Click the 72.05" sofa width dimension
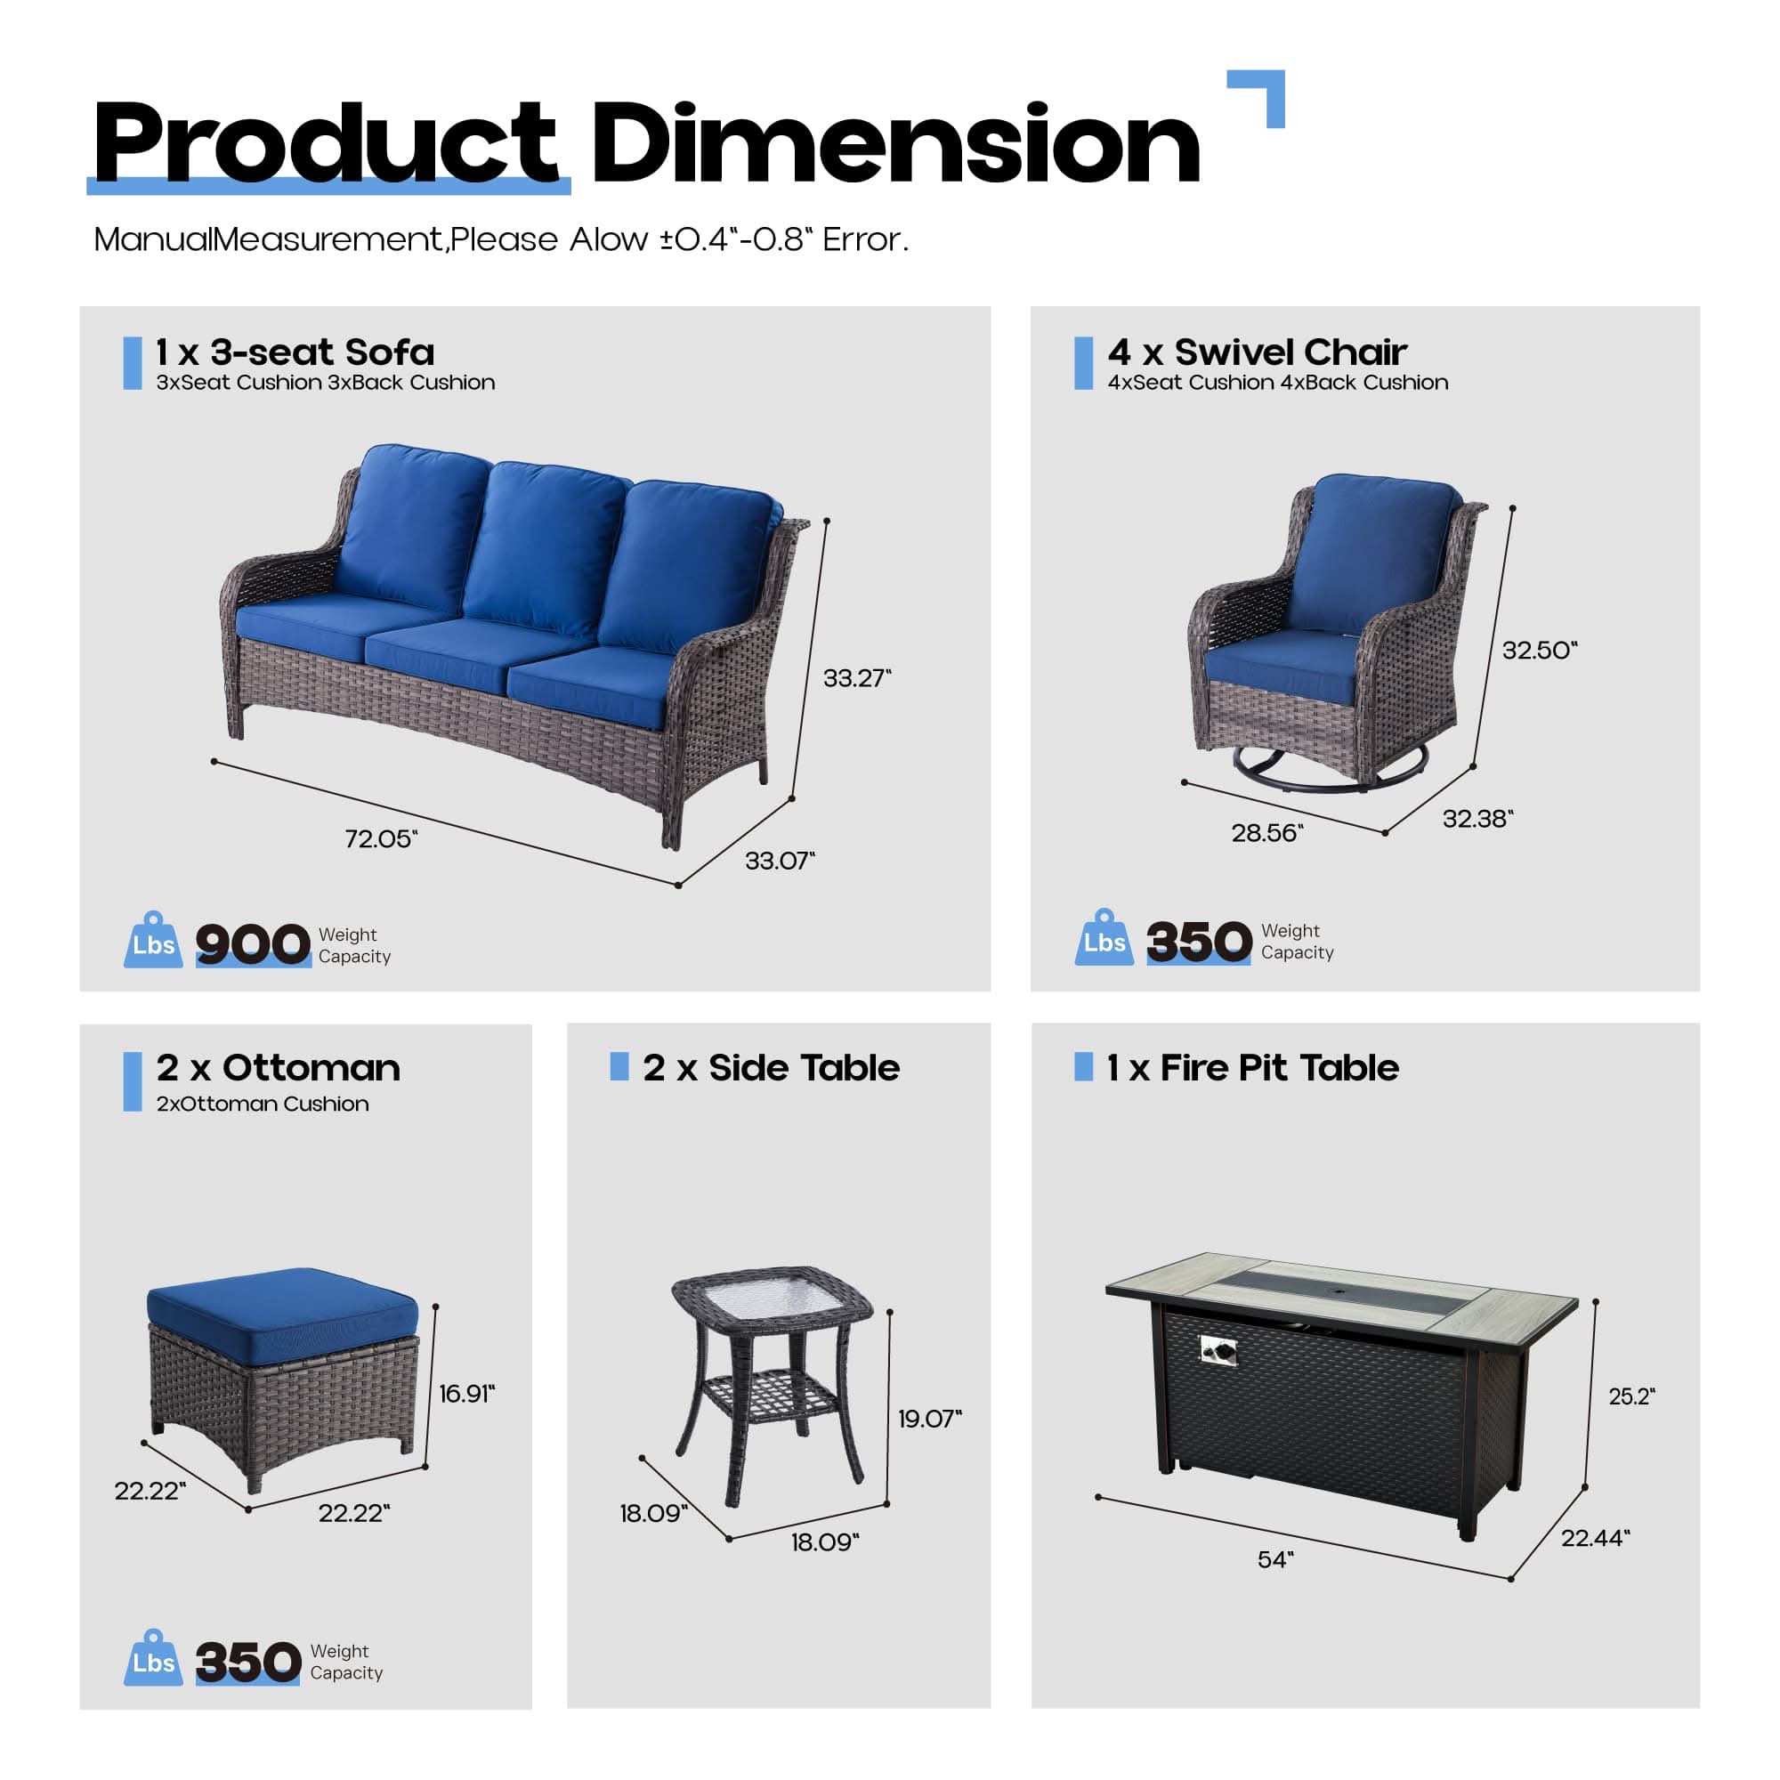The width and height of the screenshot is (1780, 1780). click(x=381, y=839)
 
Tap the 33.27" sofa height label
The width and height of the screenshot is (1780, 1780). click(x=857, y=678)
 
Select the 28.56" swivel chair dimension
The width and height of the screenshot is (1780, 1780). click(x=1266, y=833)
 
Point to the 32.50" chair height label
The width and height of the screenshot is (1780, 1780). click(x=1540, y=651)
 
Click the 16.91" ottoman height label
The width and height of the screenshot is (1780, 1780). click(x=466, y=1393)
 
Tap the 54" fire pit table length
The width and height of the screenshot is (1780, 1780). click(x=1275, y=1559)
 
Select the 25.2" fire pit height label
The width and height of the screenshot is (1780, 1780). click(x=1631, y=1396)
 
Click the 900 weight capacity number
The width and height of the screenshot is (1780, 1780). click(x=253, y=944)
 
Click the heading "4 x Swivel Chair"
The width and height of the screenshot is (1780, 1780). click(x=1257, y=352)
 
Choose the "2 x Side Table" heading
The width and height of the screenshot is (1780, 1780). click(x=771, y=1068)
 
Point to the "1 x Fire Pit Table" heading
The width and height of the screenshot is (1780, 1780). click(x=1252, y=1068)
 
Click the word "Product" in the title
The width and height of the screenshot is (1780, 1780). click(x=325, y=142)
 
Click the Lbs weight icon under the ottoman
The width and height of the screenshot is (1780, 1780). click(x=153, y=1660)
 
